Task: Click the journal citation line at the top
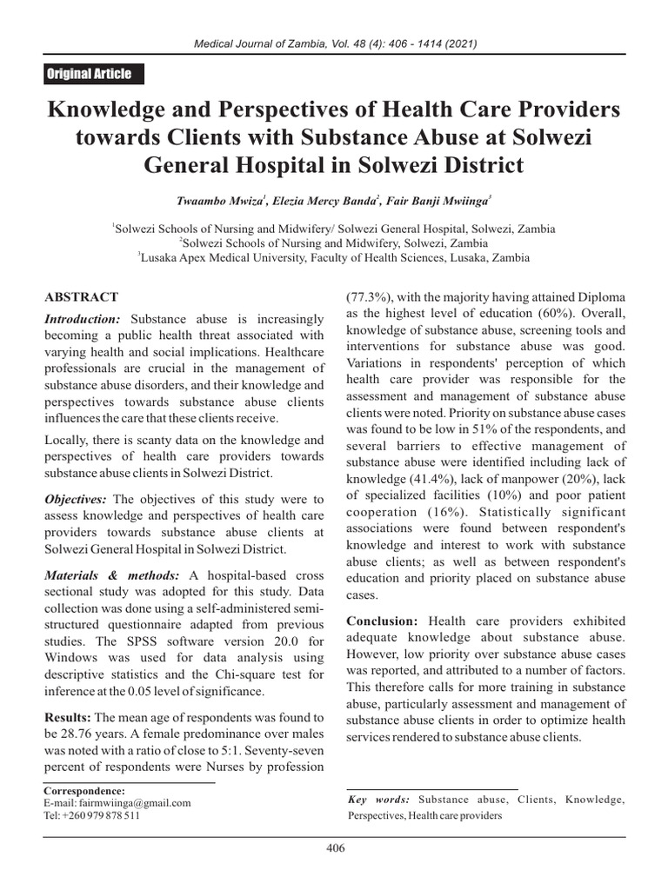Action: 334,43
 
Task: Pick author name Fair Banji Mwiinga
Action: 444,200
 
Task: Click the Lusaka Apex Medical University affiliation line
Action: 333,257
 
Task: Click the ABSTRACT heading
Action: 81,297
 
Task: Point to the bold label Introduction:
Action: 83,320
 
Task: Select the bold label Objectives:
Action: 76,499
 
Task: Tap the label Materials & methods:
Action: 110,575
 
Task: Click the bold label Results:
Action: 67,717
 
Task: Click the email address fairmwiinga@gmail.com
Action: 119,804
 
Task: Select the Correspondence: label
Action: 84,791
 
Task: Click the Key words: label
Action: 378,800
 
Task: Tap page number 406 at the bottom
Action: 334,848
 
